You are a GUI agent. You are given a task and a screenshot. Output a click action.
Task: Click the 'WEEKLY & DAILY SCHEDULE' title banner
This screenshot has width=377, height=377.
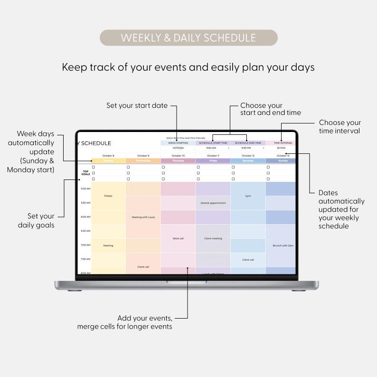click(x=188, y=38)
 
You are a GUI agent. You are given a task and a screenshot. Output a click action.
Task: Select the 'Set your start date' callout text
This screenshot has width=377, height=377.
click(x=137, y=105)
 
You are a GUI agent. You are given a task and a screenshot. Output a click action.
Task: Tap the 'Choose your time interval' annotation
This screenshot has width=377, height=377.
click(x=340, y=127)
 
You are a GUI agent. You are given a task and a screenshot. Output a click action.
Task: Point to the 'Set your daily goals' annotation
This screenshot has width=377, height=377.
click(x=36, y=221)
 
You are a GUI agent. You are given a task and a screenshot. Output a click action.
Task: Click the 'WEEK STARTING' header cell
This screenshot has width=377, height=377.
click(x=178, y=142)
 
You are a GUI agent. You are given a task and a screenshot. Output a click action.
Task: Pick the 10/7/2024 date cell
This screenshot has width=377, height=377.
click(x=178, y=148)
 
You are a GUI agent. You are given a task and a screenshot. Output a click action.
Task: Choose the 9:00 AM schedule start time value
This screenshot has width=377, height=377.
click(x=211, y=148)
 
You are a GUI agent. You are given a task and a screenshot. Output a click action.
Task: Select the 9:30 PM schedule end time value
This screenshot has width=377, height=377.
click(x=246, y=148)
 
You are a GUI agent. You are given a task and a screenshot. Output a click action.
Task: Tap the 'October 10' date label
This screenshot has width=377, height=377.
click(x=178, y=156)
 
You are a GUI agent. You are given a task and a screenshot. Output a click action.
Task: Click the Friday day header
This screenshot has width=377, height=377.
click(x=213, y=160)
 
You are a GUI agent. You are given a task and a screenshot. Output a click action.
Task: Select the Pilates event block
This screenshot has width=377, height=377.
click(x=108, y=196)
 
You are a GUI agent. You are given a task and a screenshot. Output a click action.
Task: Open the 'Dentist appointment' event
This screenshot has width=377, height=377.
click(x=213, y=203)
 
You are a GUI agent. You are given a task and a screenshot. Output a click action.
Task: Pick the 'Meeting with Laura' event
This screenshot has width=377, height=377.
click(x=143, y=217)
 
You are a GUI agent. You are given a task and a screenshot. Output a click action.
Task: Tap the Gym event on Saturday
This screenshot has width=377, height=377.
click(x=248, y=196)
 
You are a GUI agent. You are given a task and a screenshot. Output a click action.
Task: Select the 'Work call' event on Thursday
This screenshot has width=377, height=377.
click(x=178, y=238)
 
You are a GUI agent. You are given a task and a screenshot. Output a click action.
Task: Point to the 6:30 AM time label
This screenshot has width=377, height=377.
click(x=85, y=231)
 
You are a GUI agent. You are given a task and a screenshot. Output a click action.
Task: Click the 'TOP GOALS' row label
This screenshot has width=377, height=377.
click(x=86, y=173)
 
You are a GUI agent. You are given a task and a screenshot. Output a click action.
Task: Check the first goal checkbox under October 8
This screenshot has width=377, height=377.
click(x=94, y=167)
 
